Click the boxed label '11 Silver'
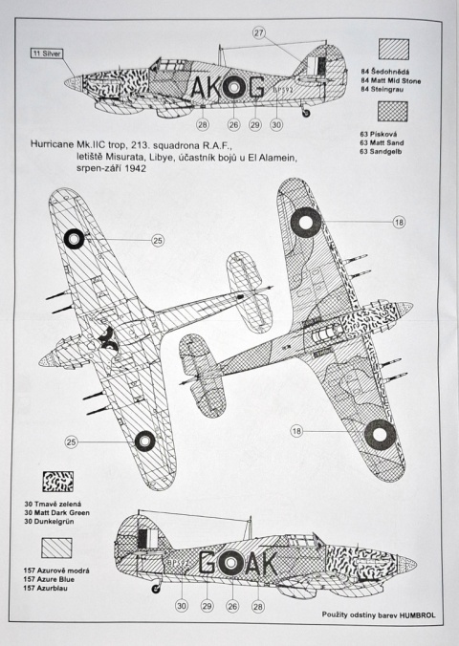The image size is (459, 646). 47,54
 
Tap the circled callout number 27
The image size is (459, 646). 258,32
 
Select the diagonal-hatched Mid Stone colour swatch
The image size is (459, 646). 394,50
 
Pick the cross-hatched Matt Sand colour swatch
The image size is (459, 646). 393,111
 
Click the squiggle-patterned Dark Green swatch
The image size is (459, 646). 57,482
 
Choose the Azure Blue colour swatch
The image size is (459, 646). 56,548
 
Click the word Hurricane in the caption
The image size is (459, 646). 52,145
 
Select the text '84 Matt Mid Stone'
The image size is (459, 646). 391,80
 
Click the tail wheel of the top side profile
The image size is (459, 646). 306,113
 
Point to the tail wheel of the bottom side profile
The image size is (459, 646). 156,589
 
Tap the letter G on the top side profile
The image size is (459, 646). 255,87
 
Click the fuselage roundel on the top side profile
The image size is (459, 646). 233,87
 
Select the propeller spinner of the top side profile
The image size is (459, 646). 74,83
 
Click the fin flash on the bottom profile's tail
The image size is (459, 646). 147,539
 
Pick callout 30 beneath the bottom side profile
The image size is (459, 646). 182,605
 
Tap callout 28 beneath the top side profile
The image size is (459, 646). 203,124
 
